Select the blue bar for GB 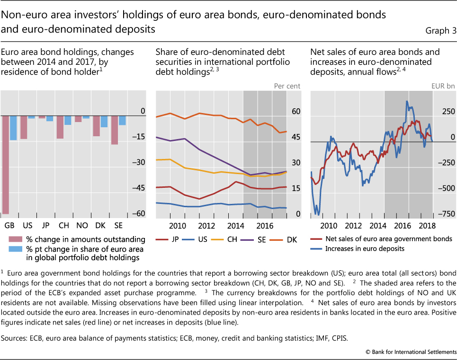tap(13, 128)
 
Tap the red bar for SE tap(115, 130)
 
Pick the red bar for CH tap(60, 127)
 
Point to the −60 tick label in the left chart tap(138, 214)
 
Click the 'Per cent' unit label tap(287, 86)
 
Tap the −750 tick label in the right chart tap(446, 214)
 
